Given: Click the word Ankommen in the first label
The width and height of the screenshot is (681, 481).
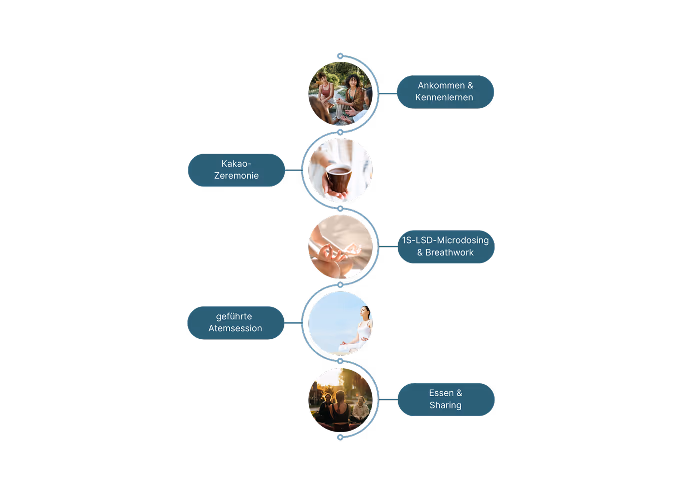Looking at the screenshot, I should click(x=441, y=85).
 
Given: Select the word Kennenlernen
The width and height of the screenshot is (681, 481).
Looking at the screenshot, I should click(x=444, y=98).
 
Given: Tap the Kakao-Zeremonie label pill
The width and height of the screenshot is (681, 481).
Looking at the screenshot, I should click(x=236, y=170).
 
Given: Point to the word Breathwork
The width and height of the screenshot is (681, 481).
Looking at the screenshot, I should click(x=449, y=253).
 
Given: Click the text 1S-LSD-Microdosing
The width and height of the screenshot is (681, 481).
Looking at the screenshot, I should click(x=445, y=240).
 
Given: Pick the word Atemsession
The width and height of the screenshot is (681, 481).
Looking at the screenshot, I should click(x=235, y=328).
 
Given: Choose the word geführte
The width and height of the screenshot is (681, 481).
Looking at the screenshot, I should click(x=234, y=316).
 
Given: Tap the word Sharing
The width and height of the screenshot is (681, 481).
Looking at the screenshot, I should click(x=445, y=405).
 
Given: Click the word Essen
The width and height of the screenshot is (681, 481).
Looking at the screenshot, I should click(x=441, y=393).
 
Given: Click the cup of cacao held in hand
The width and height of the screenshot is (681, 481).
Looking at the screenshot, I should click(x=339, y=178).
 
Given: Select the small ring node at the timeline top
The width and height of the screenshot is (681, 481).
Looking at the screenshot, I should click(x=340, y=56).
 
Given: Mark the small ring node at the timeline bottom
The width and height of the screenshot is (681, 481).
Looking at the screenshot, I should click(x=340, y=438).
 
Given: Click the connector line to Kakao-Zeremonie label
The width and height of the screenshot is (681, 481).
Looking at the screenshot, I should click(x=293, y=170).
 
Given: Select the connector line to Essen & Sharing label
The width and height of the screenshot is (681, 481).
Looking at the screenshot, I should click(x=388, y=400).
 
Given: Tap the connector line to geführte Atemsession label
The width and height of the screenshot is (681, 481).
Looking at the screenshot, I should click(x=293, y=323).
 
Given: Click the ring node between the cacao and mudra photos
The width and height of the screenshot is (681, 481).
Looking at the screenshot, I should click(x=340, y=209).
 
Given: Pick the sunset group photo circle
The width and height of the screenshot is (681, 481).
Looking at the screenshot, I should click(x=340, y=400).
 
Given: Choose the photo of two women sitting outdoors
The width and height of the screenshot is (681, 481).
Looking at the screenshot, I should click(x=340, y=93).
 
